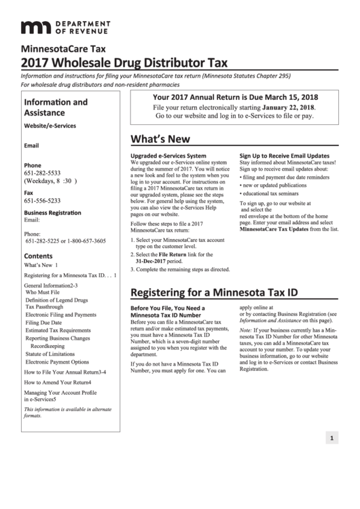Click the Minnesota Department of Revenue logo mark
coord(35,28)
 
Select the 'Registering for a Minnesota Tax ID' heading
coord(214,293)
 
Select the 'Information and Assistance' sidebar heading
coord(56,107)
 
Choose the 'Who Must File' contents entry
coord(42,292)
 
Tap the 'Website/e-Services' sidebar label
coord(50,126)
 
